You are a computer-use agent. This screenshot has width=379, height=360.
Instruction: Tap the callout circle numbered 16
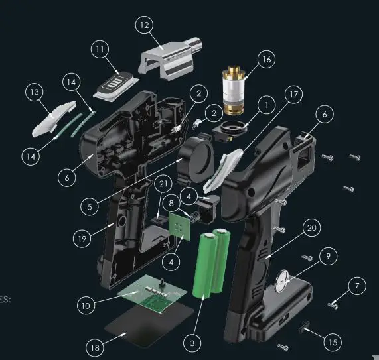[265, 60]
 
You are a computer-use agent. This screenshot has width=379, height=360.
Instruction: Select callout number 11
[101, 50]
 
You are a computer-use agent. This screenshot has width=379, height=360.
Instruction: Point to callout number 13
[36, 93]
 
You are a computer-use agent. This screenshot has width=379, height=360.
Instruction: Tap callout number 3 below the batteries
[192, 343]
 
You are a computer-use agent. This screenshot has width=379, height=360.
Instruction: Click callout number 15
[332, 342]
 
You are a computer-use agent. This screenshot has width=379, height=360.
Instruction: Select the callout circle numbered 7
[356, 286]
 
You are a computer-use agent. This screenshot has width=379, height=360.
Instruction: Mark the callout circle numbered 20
[310, 227]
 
